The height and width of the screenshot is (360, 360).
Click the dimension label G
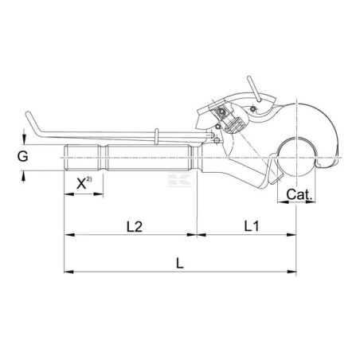coord(22,157)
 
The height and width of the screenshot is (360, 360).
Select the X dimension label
coord(81,183)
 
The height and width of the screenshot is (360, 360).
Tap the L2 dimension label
coord(135,227)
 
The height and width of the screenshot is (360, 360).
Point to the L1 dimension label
coord(251,226)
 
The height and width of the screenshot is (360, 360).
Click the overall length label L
coord(180,264)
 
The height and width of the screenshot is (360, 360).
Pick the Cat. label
coord(299,194)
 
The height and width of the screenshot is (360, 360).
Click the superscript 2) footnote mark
coord(89,178)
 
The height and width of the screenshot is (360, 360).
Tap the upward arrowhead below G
coord(24,175)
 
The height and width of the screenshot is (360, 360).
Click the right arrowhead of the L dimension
coord(292,272)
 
